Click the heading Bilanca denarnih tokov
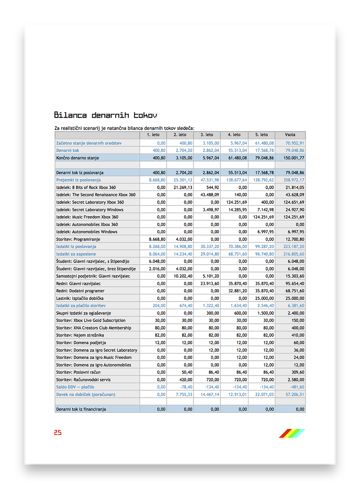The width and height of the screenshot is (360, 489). pyautogui.click(x=105, y=115)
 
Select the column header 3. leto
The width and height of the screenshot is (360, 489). pyautogui.click(x=207, y=135)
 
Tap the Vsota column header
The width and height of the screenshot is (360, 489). pyautogui.click(x=290, y=135)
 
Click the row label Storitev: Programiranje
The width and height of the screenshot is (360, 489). pyautogui.click(x=78, y=239)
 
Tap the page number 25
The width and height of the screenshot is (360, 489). pyautogui.click(x=58, y=433)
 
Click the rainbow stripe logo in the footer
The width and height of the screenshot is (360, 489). pyautogui.click(x=292, y=433)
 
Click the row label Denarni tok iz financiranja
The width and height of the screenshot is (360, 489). pyautogui.click(x=81, y=409)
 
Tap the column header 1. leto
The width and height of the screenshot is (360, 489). pyautogui.click(x=153, y=135)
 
